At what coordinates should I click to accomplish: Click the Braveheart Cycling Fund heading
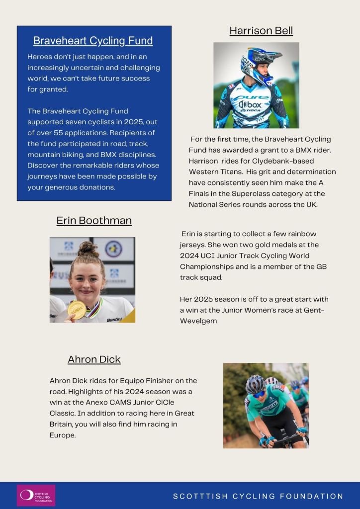tap(93, 41)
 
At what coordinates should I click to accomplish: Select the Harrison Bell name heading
tap(261, 31)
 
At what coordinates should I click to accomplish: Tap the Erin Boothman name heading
tap(94, 220)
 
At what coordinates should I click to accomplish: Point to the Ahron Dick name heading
tap(94, 359)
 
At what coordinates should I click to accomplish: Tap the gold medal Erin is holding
tap(77, 310)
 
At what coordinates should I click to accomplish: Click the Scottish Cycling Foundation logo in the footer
tap(36, 495)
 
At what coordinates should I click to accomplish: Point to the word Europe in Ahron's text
tap(62, 435)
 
